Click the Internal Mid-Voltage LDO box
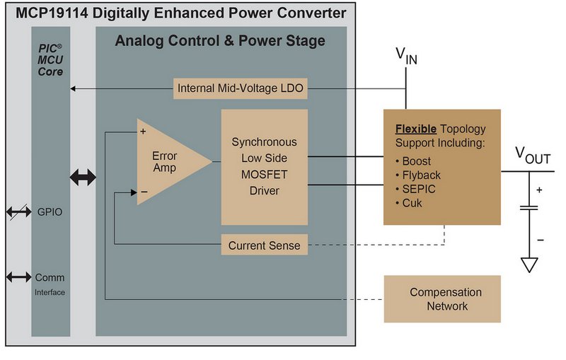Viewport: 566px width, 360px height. (x=241, y=88)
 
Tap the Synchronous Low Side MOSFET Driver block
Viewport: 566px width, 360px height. (x=265, y=167)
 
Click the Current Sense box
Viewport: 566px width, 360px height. (x=264, y=245)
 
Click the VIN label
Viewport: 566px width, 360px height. (x=405, y=56)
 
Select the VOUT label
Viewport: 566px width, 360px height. (x=532, y=156)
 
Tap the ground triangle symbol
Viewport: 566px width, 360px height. (x=529, y=265)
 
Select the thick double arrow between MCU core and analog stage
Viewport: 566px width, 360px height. (x=83, y=177)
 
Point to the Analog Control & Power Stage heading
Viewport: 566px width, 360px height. (x=220, y=41)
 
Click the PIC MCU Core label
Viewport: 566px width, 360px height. (x=50, y=60)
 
